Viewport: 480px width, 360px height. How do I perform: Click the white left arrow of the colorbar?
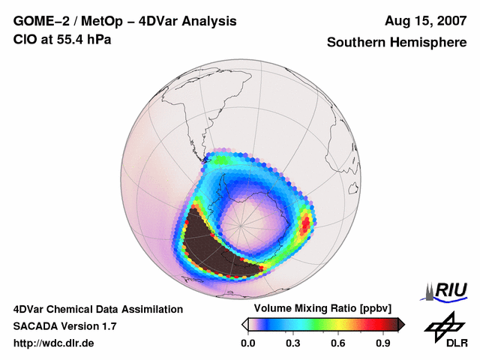(x=245, y=324)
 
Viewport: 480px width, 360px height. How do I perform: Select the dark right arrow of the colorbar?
(x=402, y=324)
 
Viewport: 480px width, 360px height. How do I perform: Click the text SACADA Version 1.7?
(x=64, y=326)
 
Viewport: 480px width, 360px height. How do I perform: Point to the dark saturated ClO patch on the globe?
(x=210, y=244)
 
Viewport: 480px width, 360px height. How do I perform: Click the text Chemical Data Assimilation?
(x=120, y=309)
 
